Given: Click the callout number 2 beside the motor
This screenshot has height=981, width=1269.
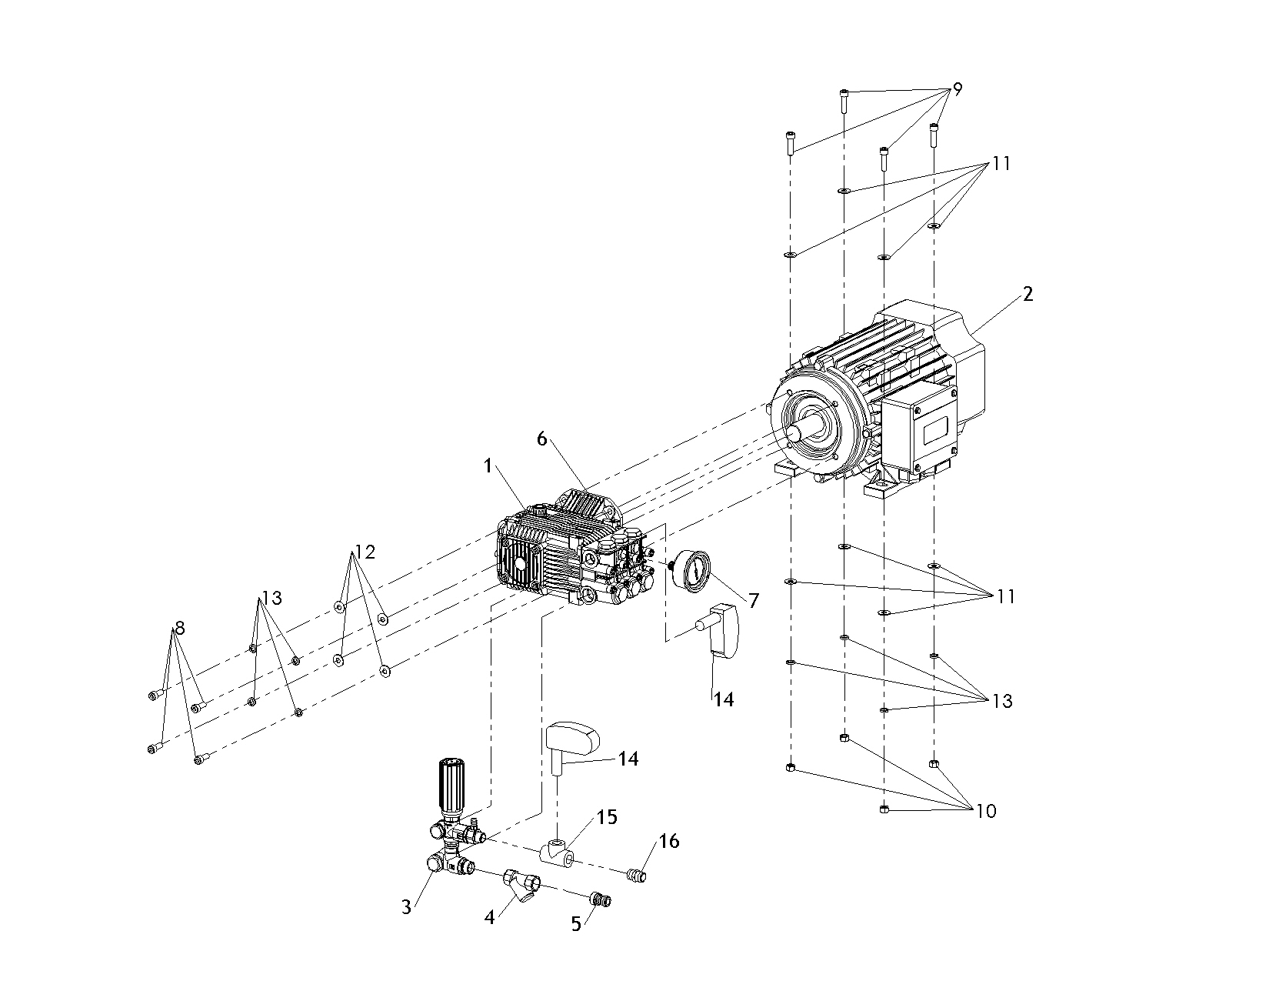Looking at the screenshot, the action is point(1028,294).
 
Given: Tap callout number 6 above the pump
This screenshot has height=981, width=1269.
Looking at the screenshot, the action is point(542,439).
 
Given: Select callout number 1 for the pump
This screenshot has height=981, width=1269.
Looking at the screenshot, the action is point(488,466).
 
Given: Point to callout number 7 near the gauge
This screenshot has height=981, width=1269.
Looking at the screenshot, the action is point(754,600).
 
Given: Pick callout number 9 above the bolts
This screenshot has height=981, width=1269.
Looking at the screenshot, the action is point(958,89).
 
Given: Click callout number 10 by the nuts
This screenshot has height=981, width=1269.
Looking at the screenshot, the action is point(986,811).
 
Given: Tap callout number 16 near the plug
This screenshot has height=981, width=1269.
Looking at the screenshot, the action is point(669,841).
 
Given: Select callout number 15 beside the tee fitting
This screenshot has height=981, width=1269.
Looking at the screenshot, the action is point(607,817).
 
